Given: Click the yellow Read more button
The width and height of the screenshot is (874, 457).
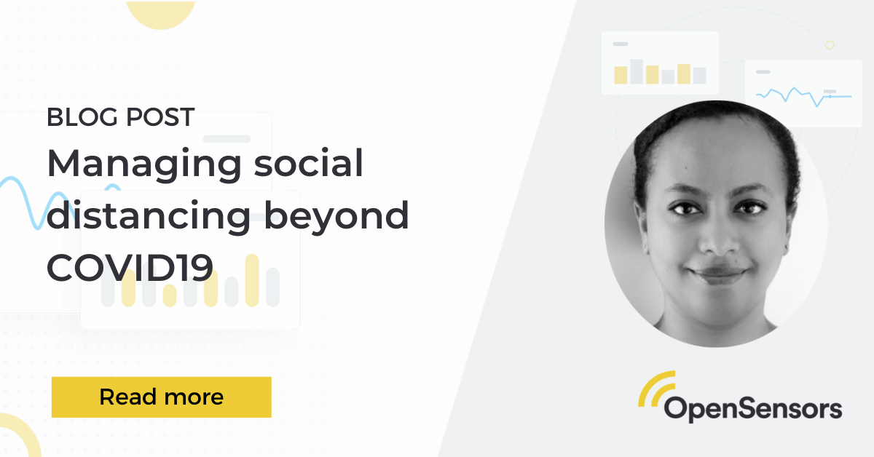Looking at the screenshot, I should pos(161,397).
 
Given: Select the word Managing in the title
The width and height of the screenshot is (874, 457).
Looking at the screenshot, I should pos(143,165).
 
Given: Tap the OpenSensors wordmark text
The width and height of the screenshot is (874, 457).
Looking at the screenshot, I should pos(752,408).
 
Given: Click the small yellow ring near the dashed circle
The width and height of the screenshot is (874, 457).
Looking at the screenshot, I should pos(829,45).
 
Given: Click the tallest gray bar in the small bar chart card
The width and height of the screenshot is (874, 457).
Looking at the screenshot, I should pos(636,71).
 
